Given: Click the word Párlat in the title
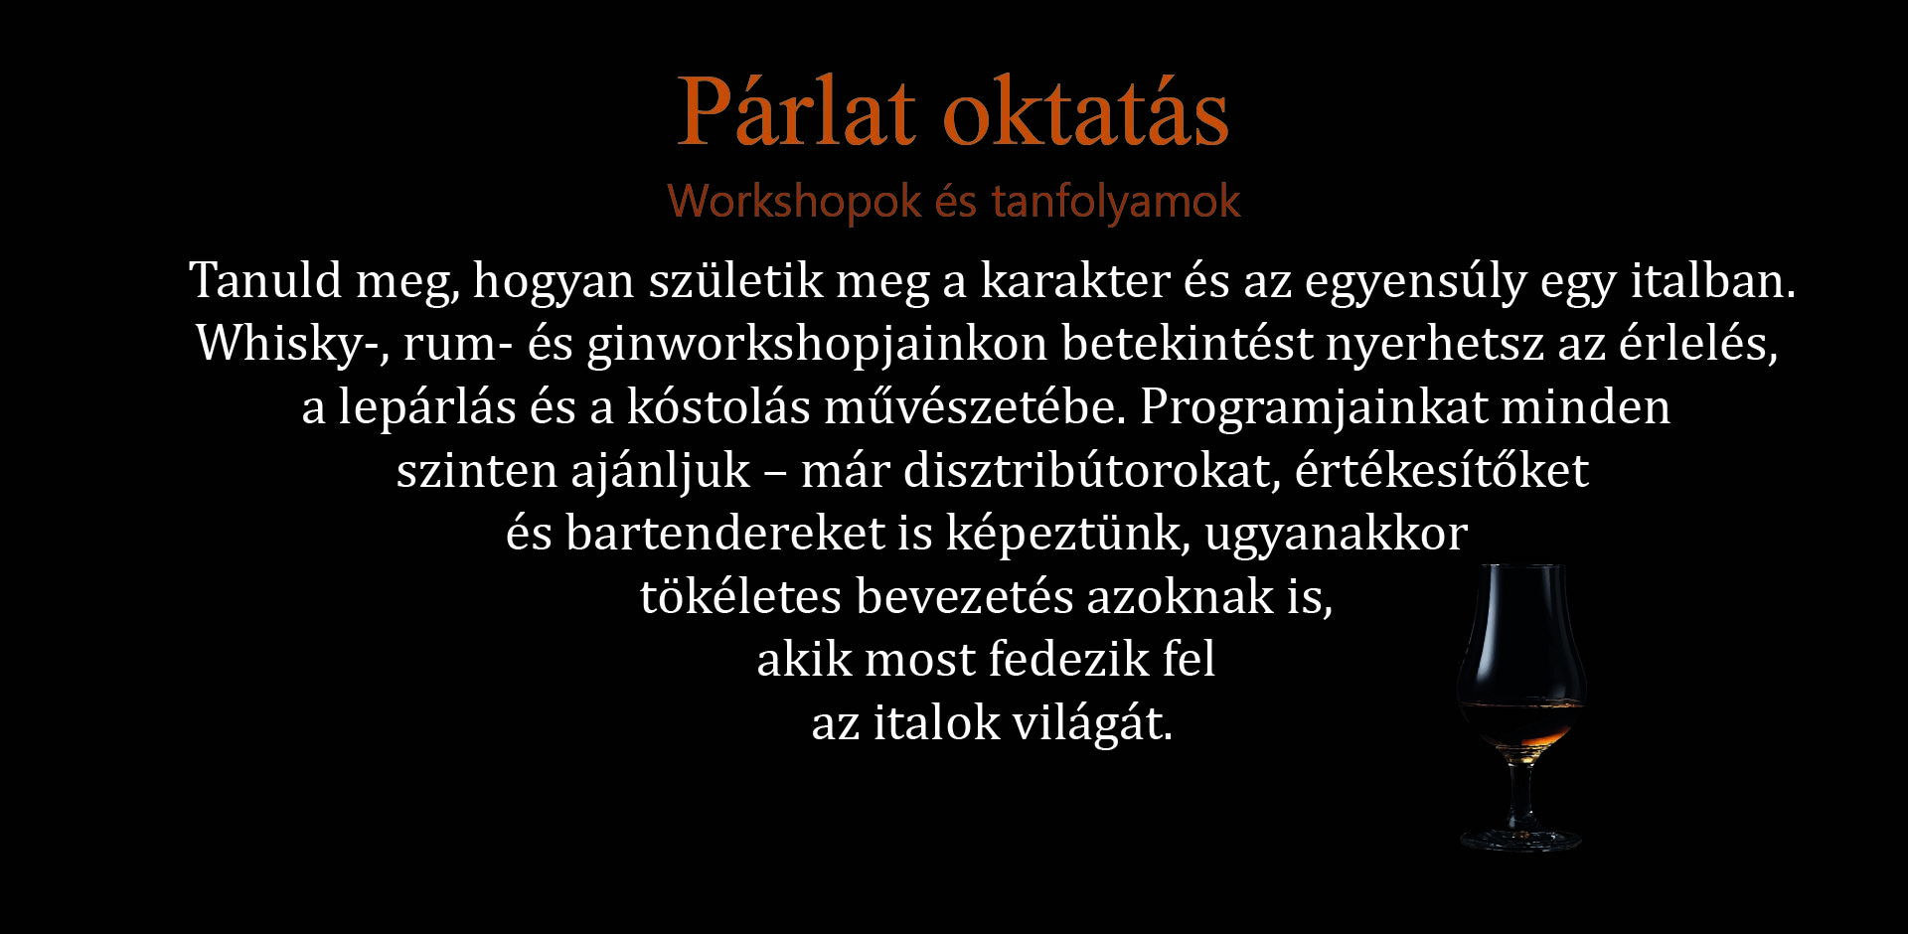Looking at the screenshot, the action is pos(796,111).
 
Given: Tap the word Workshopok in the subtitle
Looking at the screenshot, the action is pos(794,202).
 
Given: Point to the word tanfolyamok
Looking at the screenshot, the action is pos(1116,202).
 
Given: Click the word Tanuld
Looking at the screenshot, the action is pos(266,279).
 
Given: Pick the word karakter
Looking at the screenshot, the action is pos(1075,281).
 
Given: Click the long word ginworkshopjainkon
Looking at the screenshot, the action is pos(817,345).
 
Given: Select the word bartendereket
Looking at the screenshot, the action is pos(725,533).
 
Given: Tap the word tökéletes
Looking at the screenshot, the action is pos(741,596).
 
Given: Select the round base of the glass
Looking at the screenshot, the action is pos(1520,840).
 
